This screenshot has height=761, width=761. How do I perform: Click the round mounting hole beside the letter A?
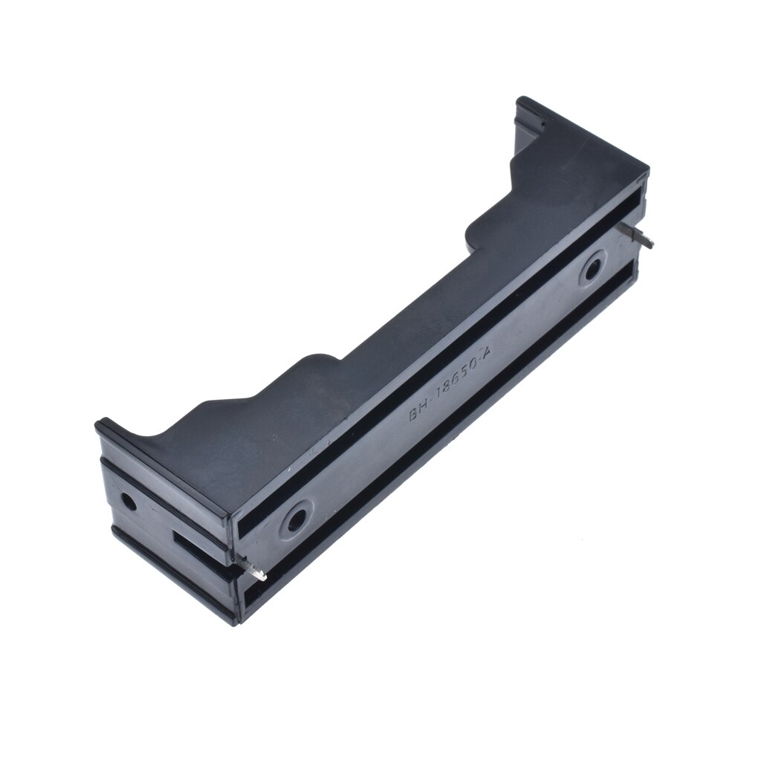click(592, 269)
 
